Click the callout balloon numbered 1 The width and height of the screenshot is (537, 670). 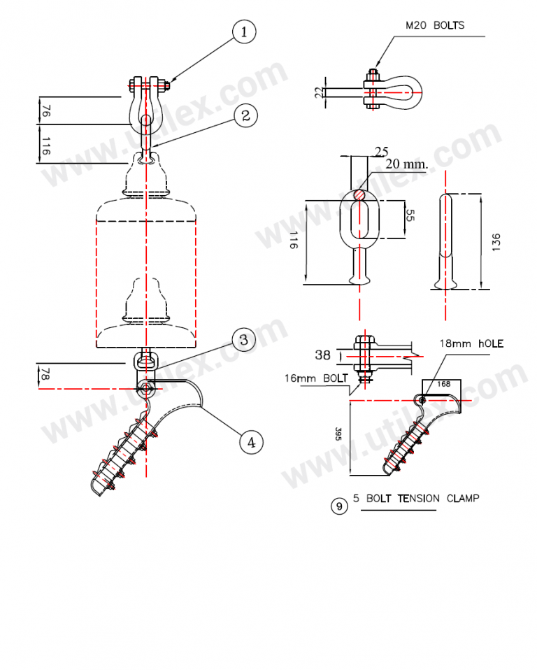pyautogui.click(x=244, y=31)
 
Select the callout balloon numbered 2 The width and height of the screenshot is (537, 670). pyautogui.click(x=245, y=115)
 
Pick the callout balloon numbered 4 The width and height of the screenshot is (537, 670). pyautogui.click(x=252, y=441)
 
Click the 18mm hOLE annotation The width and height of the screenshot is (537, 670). pyautogui.click(x=471, y=343)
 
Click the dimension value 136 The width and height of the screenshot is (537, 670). pyautogui.click(x=496, y=241)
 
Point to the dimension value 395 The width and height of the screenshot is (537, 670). pyautogui.click(x=338, y=435)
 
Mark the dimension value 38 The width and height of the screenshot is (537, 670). pyautogui.click(x=322, y=355)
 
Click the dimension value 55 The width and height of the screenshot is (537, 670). pyautogui.click(x=410, y=218)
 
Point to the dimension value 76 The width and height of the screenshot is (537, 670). pyautogui.click(x=45, y=111)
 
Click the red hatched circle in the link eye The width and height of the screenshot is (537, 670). pyautogui.click(x=359, y=194)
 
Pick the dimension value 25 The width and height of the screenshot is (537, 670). pyautogui.click(x=382, y=151)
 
